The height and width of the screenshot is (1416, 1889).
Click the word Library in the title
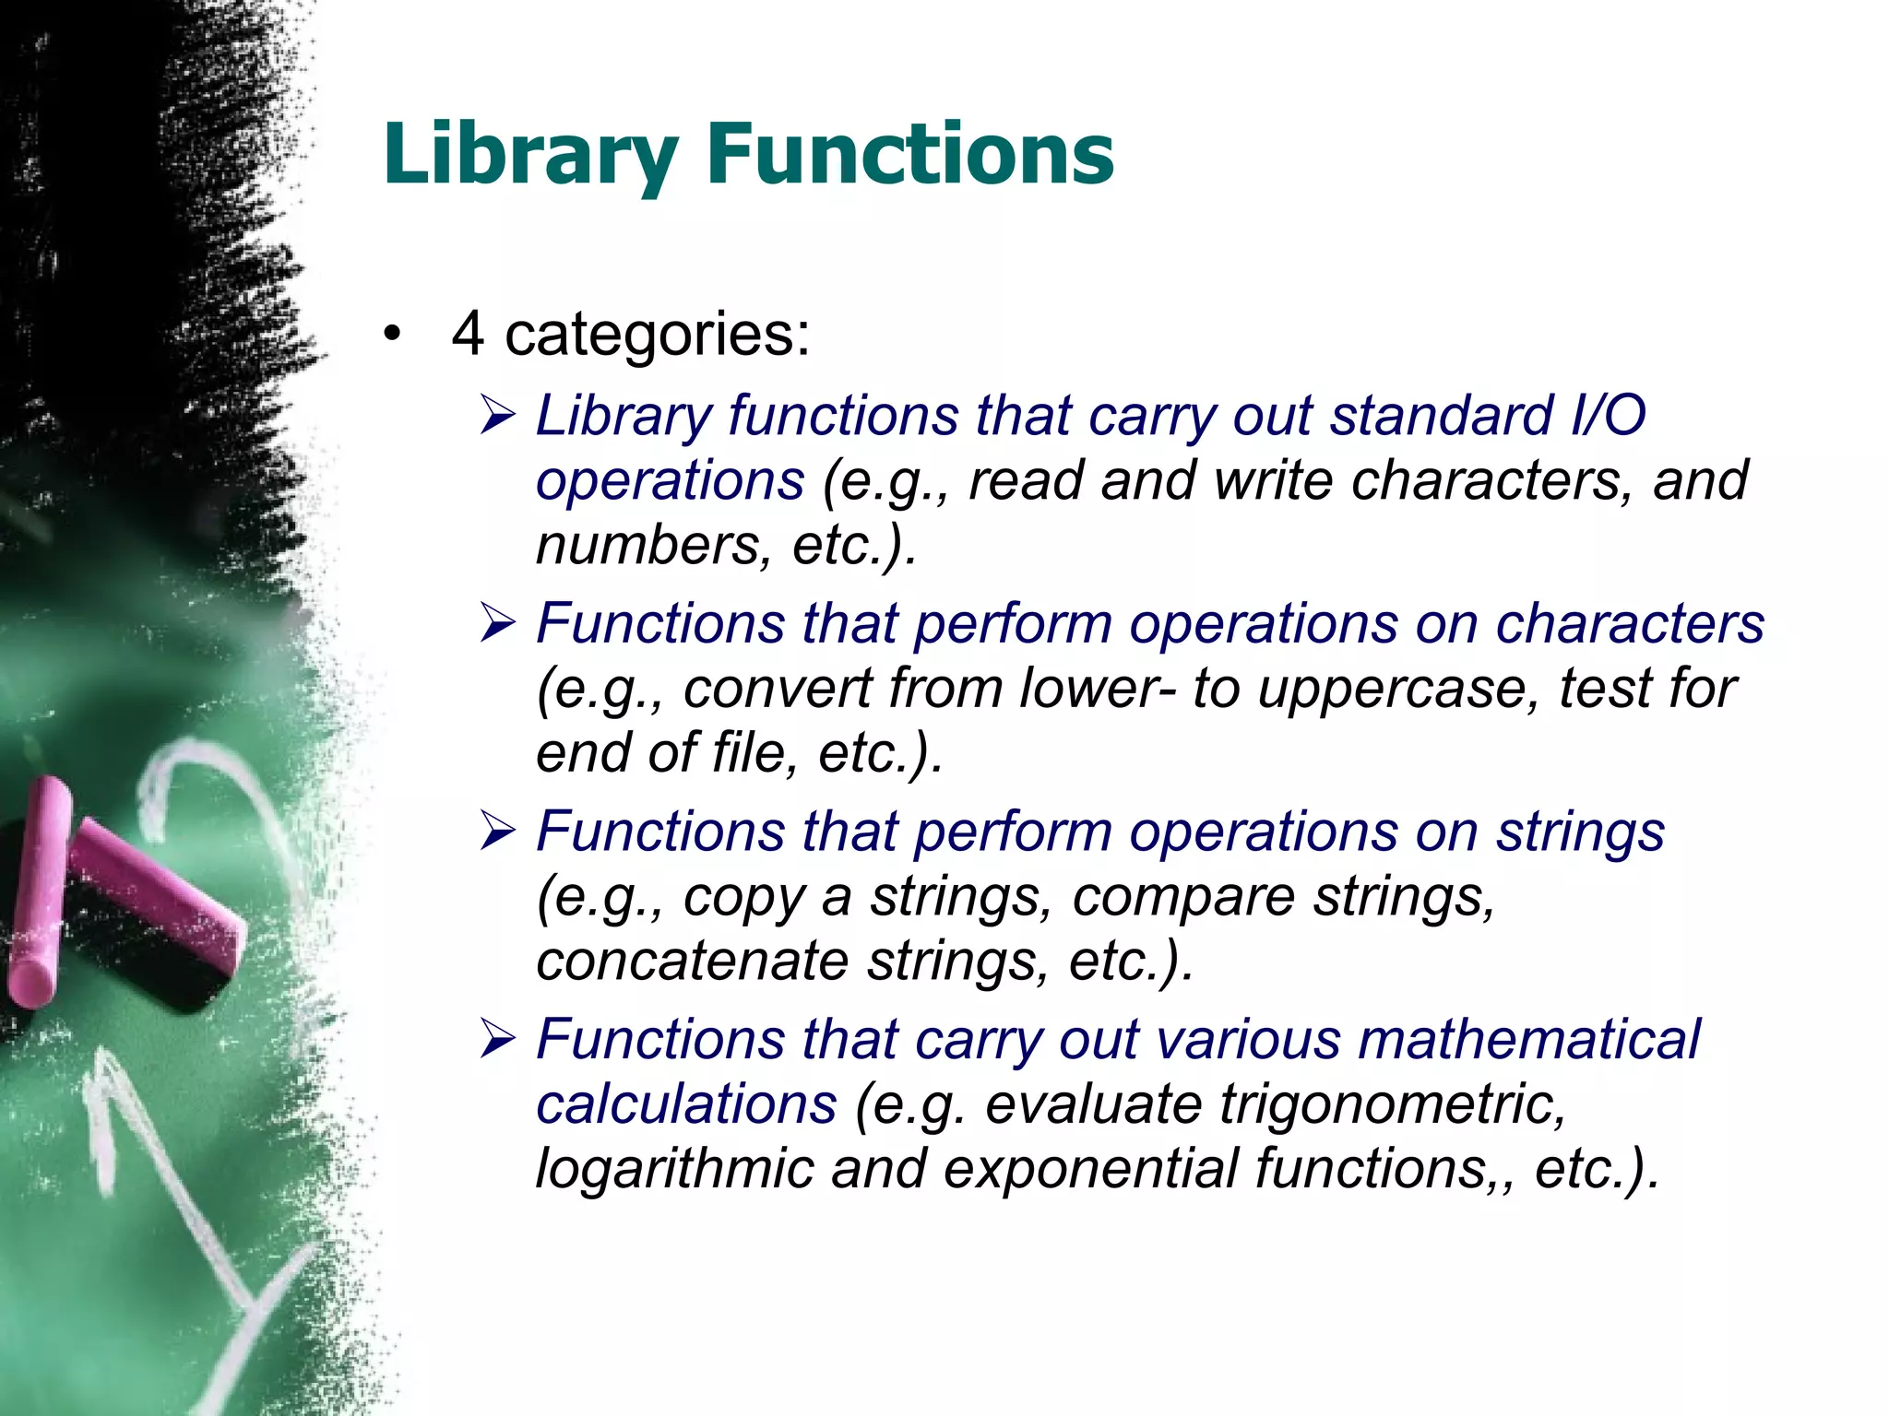click(x=530, y=154)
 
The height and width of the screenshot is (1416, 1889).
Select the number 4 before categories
click(x=468, y=333)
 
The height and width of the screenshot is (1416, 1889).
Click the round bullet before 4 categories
click(x=394, y=336)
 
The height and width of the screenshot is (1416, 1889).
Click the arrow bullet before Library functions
click(x=498, y=417)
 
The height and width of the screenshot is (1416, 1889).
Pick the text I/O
click(x=1608, y=416)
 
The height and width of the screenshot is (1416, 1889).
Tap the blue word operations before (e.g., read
click(x=671, y=481)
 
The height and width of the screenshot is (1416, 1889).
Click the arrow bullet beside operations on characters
click(x=498, y=624)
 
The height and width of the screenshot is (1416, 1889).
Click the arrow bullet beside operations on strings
click(x=498, y=832)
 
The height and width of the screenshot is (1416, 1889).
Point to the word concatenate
click(x=692, y=961)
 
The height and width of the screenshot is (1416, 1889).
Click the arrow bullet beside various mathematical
click(x=498, y=1041)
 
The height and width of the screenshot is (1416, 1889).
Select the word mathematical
click(x=1528, y=1040)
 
